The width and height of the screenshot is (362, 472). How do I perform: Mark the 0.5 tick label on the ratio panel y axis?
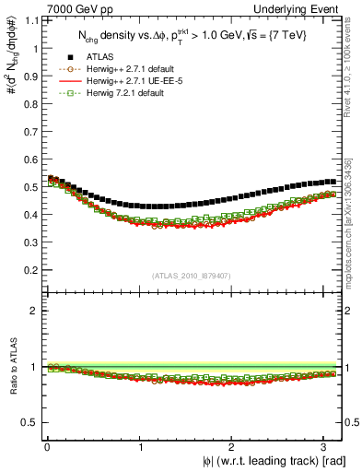pos(28,422)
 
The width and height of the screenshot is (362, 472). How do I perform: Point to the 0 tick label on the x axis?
pos(46,447)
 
